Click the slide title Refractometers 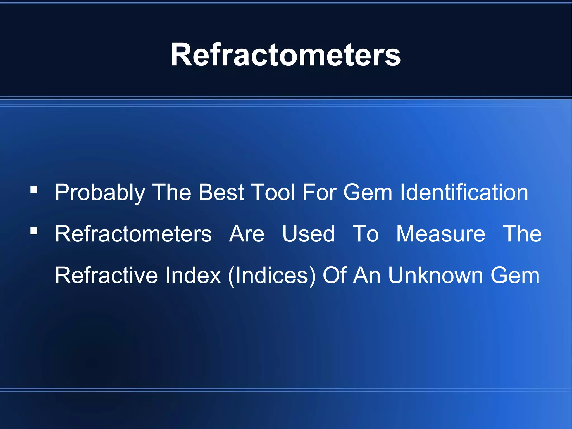(x=285, y=55)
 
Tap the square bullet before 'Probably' (x=34, y=190)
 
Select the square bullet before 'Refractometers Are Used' (x=34, y=231)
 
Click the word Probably (x=100, y=193)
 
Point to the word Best (x=221, y=192)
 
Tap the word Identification (x=464, y=192)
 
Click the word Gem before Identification (x=368, y=192)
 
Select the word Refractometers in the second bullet (x=133, y=234)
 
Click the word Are (x=247, y=234)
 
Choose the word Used (x=308, y=234)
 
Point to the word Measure (x=441, y=234)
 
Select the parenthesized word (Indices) (x=272, y=276)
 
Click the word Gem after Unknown (x=515, y=275)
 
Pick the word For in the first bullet (x=320, y=192)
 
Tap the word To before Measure (x=366, y=234)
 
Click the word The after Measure (x=522, y=234)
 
